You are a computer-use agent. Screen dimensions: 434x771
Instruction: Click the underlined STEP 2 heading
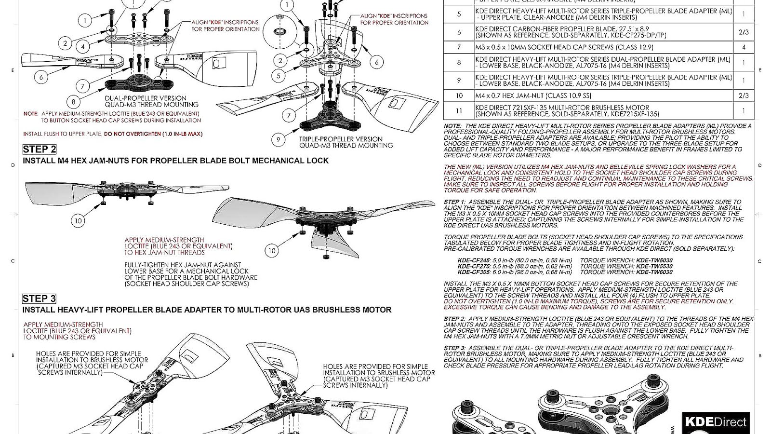point(39,149)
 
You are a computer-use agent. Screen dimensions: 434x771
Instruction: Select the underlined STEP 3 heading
point(39,298)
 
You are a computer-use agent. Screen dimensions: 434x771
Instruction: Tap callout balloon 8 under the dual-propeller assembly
point(74,102)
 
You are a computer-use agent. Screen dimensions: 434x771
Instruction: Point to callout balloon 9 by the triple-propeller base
point(278,140)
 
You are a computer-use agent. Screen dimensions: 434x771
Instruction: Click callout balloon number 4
point(83,47)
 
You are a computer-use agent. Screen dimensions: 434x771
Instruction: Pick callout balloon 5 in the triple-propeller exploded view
point(278,76)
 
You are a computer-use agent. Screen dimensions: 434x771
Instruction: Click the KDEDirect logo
point(716,422)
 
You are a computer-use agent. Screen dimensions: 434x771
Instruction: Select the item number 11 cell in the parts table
point(459,111)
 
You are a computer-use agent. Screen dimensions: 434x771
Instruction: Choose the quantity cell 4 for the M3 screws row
point(744,47)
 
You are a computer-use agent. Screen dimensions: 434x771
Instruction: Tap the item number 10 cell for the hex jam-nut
point(459,95)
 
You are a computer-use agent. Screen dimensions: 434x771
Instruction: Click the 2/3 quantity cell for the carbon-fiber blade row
point(744,32)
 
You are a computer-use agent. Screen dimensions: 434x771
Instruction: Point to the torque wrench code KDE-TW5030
point(654,260)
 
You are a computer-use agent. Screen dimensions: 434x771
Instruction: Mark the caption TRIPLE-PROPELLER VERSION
point(341,139)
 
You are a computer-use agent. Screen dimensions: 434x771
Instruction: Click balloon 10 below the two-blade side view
point(78,221)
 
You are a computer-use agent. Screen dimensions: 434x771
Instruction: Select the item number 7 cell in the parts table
point(459,47)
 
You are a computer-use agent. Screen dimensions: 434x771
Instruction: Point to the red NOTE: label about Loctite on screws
point(31,114)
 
